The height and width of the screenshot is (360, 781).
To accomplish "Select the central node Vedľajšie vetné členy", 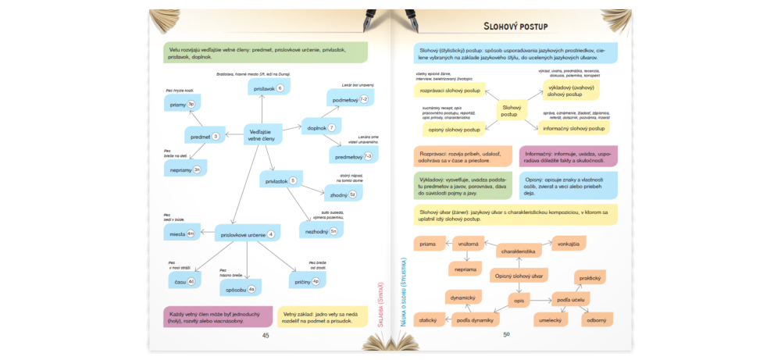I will (261, 135).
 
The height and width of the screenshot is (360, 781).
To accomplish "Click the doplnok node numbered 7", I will (321, 128).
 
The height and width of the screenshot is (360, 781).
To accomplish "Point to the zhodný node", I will (341, 194).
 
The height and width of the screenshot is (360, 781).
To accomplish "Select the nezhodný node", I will (321, 230).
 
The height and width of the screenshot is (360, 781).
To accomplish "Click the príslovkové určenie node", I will (248, 234).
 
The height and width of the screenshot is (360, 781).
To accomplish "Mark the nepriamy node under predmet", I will (186, 169).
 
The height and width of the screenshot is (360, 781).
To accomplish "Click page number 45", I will (266, 335).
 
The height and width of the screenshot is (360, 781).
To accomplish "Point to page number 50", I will (506, 335).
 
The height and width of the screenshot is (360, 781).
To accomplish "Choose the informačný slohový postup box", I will (574, 128).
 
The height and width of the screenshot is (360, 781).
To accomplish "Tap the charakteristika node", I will (519, 251).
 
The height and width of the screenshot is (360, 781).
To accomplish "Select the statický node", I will (427, 320).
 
